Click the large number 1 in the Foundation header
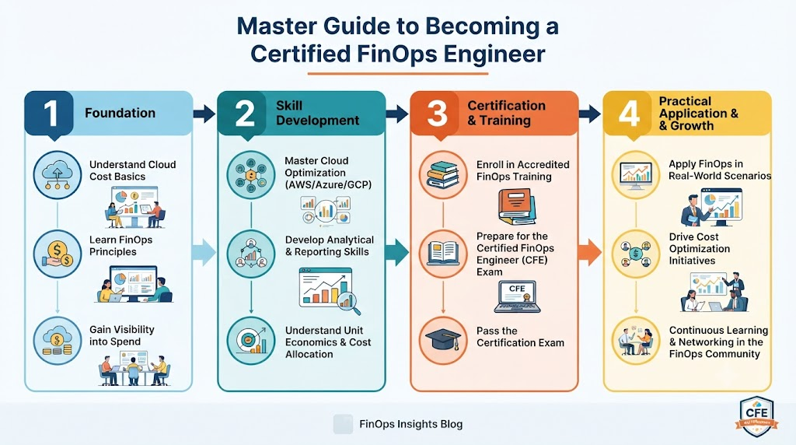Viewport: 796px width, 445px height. point(51,113)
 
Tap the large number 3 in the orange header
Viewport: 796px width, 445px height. point(437,113)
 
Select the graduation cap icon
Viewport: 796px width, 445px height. point(442,340)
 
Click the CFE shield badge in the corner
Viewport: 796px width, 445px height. point(756,416)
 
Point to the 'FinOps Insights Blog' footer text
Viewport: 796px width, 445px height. point(410,424)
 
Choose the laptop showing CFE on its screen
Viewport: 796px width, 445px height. point(517,296)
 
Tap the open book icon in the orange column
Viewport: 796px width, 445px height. point(443,253)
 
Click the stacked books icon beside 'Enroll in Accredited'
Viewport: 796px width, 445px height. point(443,174)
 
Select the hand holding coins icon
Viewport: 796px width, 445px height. point(58,254)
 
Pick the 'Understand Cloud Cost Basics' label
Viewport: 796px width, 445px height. point(132,170)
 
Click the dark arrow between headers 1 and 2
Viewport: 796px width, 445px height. point(204,114)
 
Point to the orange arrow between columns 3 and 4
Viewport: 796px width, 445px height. point(590,253)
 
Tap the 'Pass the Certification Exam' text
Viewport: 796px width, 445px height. point(520,337)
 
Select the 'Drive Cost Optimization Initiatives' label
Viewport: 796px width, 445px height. point(699,249)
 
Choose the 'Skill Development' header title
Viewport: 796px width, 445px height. point(317,113)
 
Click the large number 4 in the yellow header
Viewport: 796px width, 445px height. point(629,113)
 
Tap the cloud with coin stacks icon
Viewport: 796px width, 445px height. point(58,340)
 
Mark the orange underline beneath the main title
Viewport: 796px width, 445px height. point(397,74)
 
